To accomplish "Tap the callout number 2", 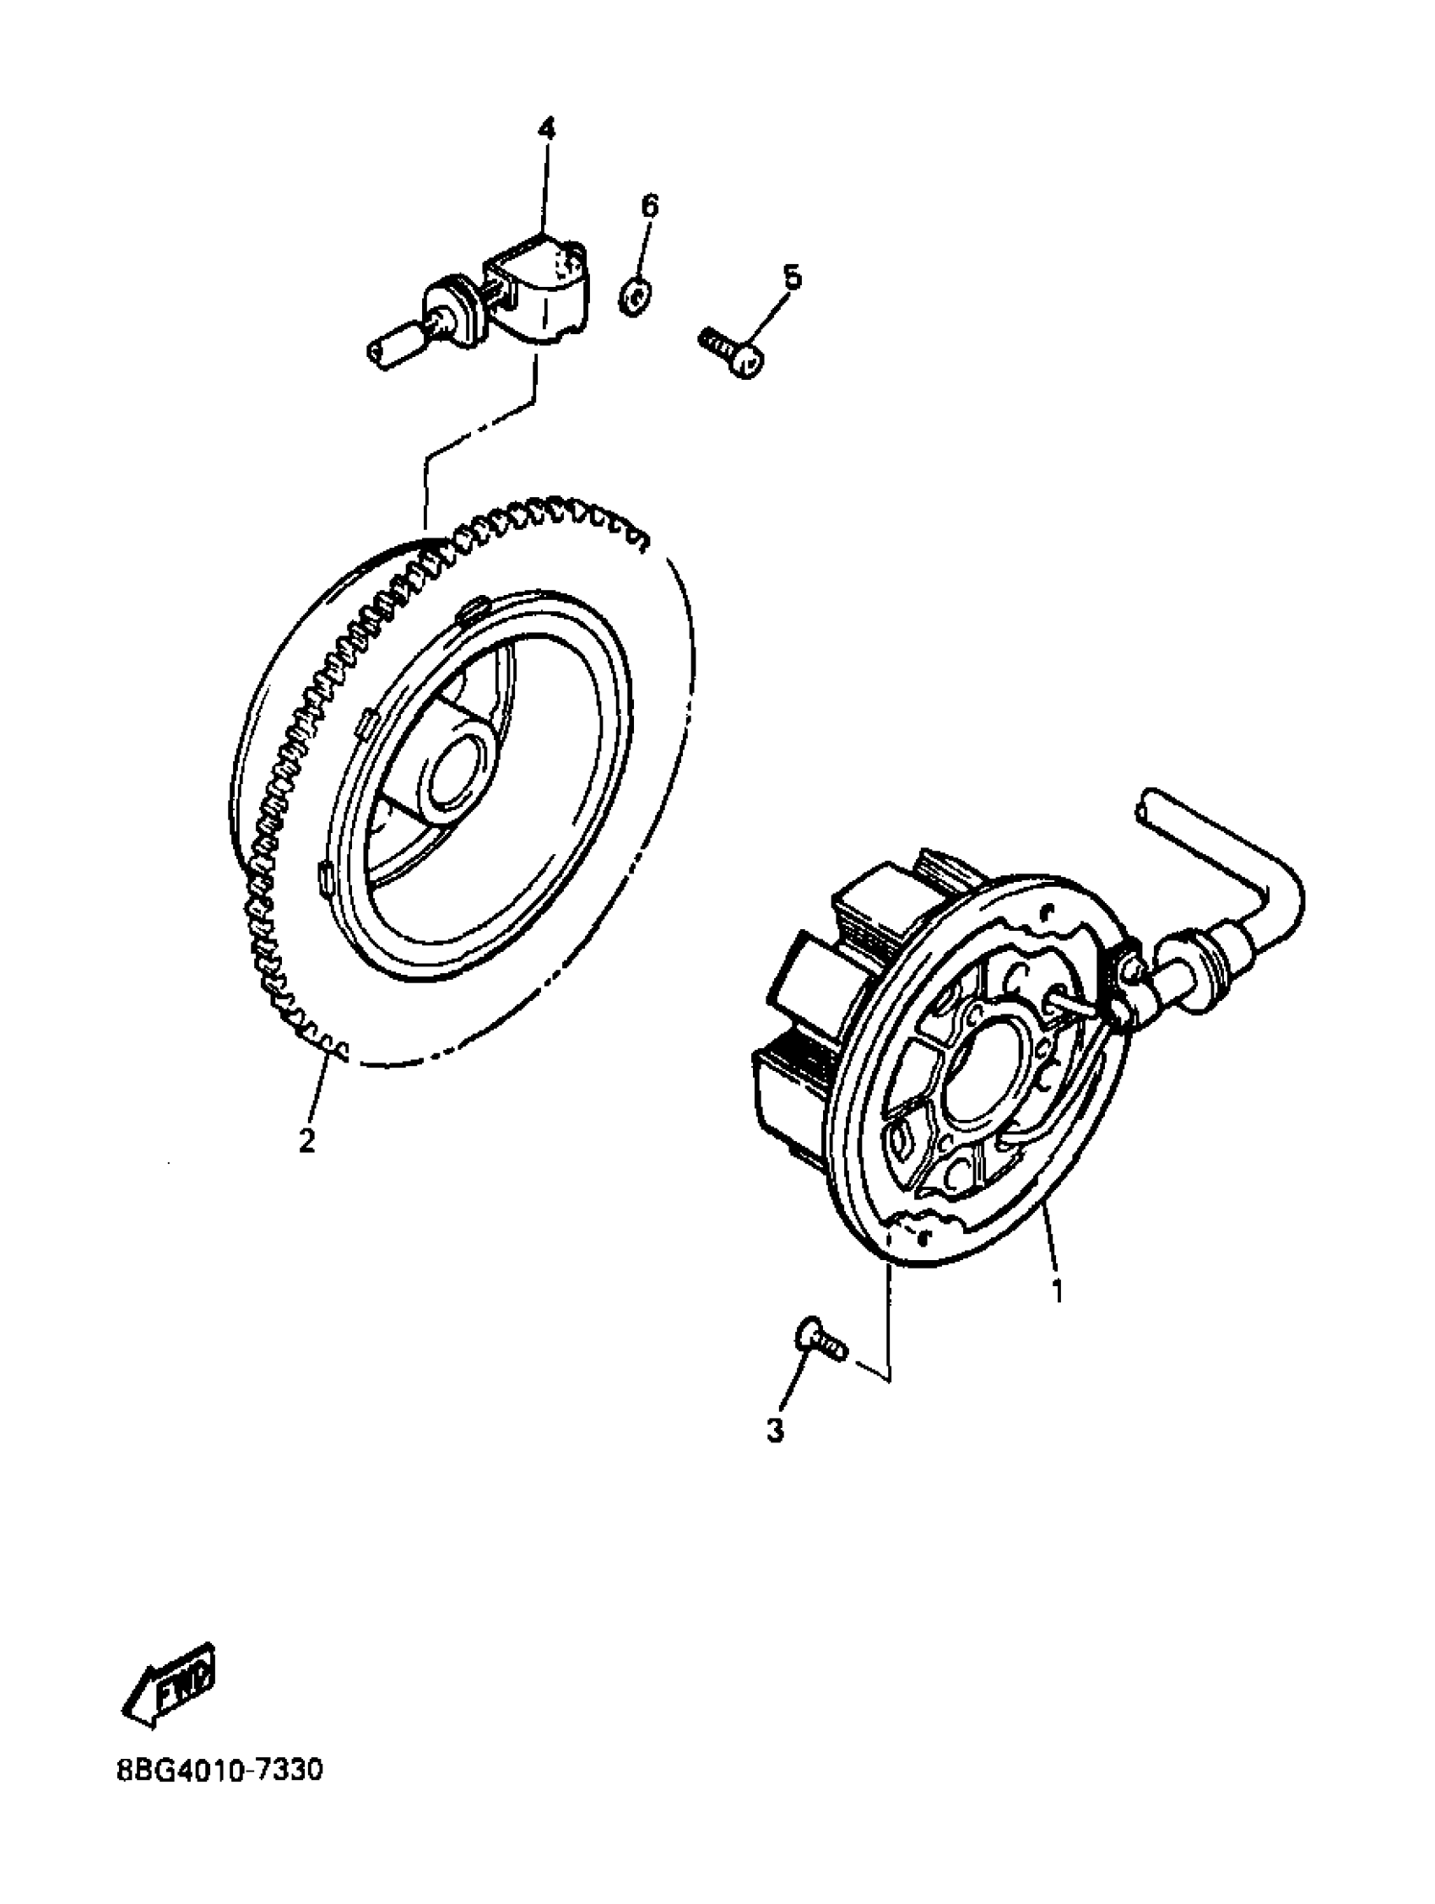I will point(306,1141).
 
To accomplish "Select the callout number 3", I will point(775,1430).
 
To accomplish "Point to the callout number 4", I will point(547,129).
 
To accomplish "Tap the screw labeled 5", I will point(732,352).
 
